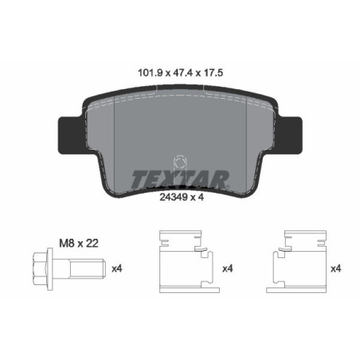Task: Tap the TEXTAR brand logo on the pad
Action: [180, 177]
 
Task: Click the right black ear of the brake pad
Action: [292, 131]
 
